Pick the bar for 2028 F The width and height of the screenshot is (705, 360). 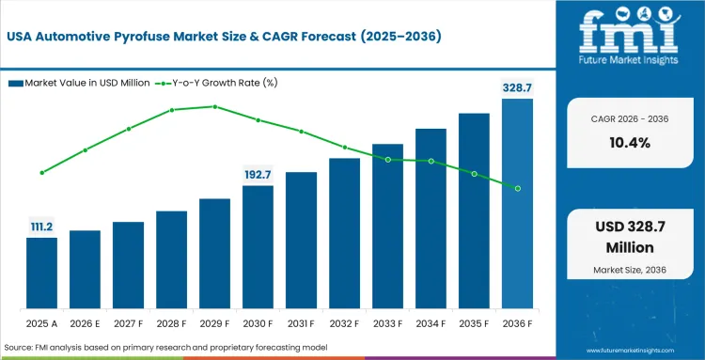click(x=171, y=260)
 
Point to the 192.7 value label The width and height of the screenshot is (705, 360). click(x=258, y=174)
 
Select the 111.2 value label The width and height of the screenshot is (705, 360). click(x=41, y=227)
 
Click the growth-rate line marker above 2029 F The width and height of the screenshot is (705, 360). click(x=214, y=106)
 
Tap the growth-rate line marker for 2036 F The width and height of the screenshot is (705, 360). click(x=517, y=188)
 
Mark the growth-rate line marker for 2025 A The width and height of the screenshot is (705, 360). click(x=41, y=172)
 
